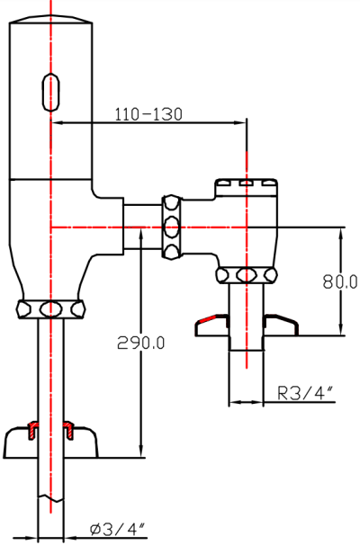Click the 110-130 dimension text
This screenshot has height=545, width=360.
click(148, 114)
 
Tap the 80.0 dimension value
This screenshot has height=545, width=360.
click(340, 281)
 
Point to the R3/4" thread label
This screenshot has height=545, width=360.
click(306, 392)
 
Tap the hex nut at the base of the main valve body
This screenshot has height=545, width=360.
click(51, 308)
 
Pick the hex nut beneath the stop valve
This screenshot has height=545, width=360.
click(247, 275)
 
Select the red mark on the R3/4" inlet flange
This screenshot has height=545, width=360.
click(208, 319)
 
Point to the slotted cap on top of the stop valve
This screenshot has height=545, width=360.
click(247, 186)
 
